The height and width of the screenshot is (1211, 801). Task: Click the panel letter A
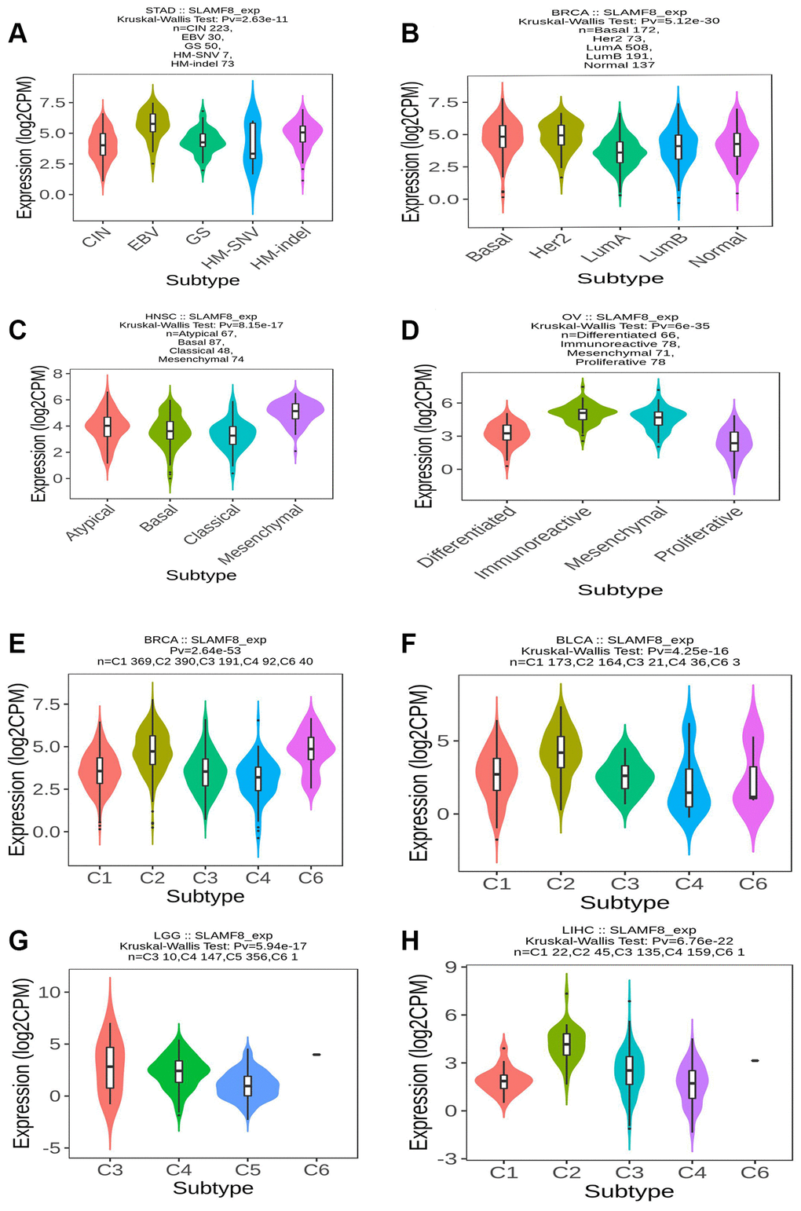(x=16, y=34)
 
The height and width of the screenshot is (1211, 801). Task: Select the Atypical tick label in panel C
(x=91, y=522)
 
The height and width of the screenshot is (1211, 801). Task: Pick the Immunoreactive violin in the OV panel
(x=582, y=413)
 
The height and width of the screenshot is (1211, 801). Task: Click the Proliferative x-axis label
(x=699, y=534)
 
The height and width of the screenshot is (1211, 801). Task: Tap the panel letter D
(x=409, y=330)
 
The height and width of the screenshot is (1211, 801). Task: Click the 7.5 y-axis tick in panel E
(x=45, y=704)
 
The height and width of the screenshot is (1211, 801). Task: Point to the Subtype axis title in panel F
(x=624, y=902)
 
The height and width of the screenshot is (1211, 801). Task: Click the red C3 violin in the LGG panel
(x=110, y=1068)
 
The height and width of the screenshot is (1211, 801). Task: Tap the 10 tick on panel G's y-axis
(x=49, y=992)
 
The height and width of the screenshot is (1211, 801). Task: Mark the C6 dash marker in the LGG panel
(x=316, y=1054)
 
